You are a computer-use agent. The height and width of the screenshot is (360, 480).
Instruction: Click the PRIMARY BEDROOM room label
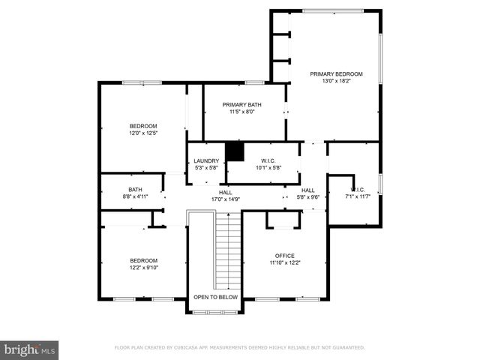coord(337,73)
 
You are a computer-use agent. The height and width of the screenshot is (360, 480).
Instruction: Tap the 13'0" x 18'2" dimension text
coord(337,81)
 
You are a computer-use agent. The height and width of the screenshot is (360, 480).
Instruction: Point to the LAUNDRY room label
coord(206,160)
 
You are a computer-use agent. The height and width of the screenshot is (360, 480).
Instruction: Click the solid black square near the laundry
coord(235,151)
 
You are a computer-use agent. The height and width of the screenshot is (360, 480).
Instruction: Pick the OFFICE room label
coord(284,255)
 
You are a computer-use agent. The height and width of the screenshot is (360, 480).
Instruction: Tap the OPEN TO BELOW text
coord(215,297)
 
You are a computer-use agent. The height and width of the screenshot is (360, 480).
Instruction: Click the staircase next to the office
coord(227,251)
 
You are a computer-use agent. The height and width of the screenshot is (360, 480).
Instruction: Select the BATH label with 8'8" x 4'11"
coord(135,189)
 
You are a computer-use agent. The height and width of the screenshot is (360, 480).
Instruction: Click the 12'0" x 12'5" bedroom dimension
coord(142,133)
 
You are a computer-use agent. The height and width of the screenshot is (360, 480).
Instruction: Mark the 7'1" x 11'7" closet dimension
coord(358,196)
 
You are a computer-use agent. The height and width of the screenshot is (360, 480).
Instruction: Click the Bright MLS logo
coord(30,349)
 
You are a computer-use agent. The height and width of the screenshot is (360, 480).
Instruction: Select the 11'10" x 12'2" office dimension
coord(284,262)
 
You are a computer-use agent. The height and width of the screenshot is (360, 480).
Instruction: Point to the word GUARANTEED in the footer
coord(346,348)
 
